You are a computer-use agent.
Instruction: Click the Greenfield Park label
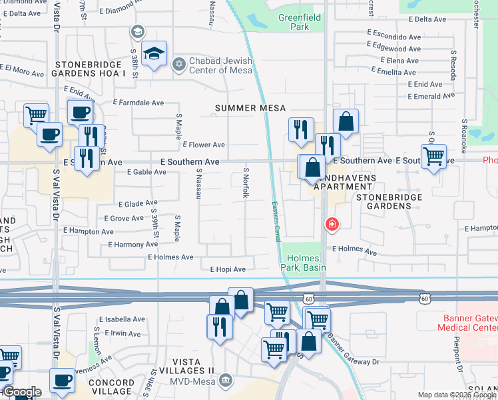[294, 23]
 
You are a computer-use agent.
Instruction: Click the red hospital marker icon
[330, 225]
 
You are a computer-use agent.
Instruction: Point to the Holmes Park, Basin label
[304, 263]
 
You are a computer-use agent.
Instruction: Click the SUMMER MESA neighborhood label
[250, 108]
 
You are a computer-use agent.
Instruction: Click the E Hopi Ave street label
[228, 269]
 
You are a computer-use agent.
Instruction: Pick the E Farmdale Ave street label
[138, 103]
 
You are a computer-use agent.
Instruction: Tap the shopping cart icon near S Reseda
[434, 157]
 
